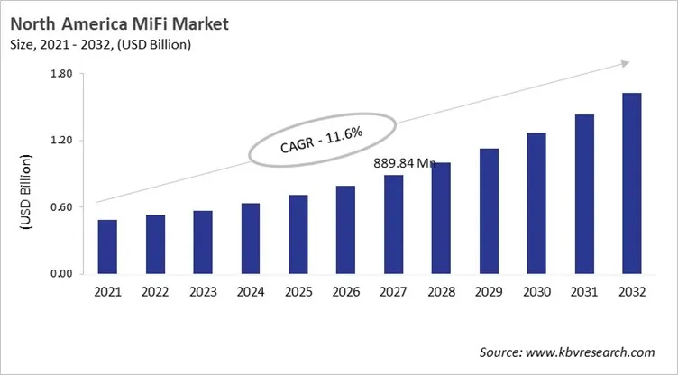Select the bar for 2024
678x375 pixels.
250,239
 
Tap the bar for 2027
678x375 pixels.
393,224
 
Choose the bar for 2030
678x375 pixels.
536,203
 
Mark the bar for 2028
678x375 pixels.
441,218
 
